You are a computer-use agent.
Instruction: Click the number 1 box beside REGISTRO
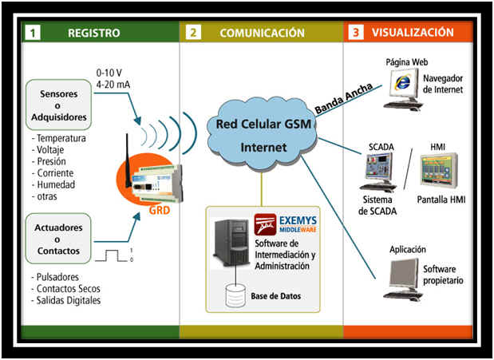tap(32, 34)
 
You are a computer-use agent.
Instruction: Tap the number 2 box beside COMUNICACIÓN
tap(194, 34)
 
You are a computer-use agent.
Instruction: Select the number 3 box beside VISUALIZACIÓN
tap(356, 34)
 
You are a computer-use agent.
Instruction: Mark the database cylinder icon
tap(234, 295)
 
